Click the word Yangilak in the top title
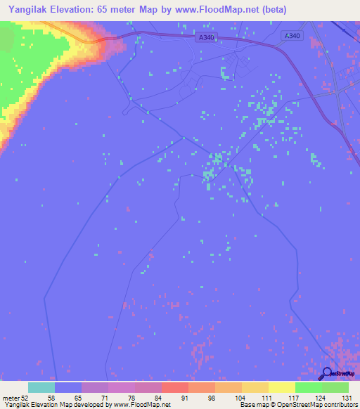[30, 10]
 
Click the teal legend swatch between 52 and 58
[41, 387]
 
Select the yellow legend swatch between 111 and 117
[281, 387]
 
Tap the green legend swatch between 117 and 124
[308, 387]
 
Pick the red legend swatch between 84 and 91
[174, 387]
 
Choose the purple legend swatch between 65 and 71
[94, 387]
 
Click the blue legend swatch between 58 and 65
[67, 387]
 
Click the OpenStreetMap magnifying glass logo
[328, 372]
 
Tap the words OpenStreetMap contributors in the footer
[313, 405]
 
